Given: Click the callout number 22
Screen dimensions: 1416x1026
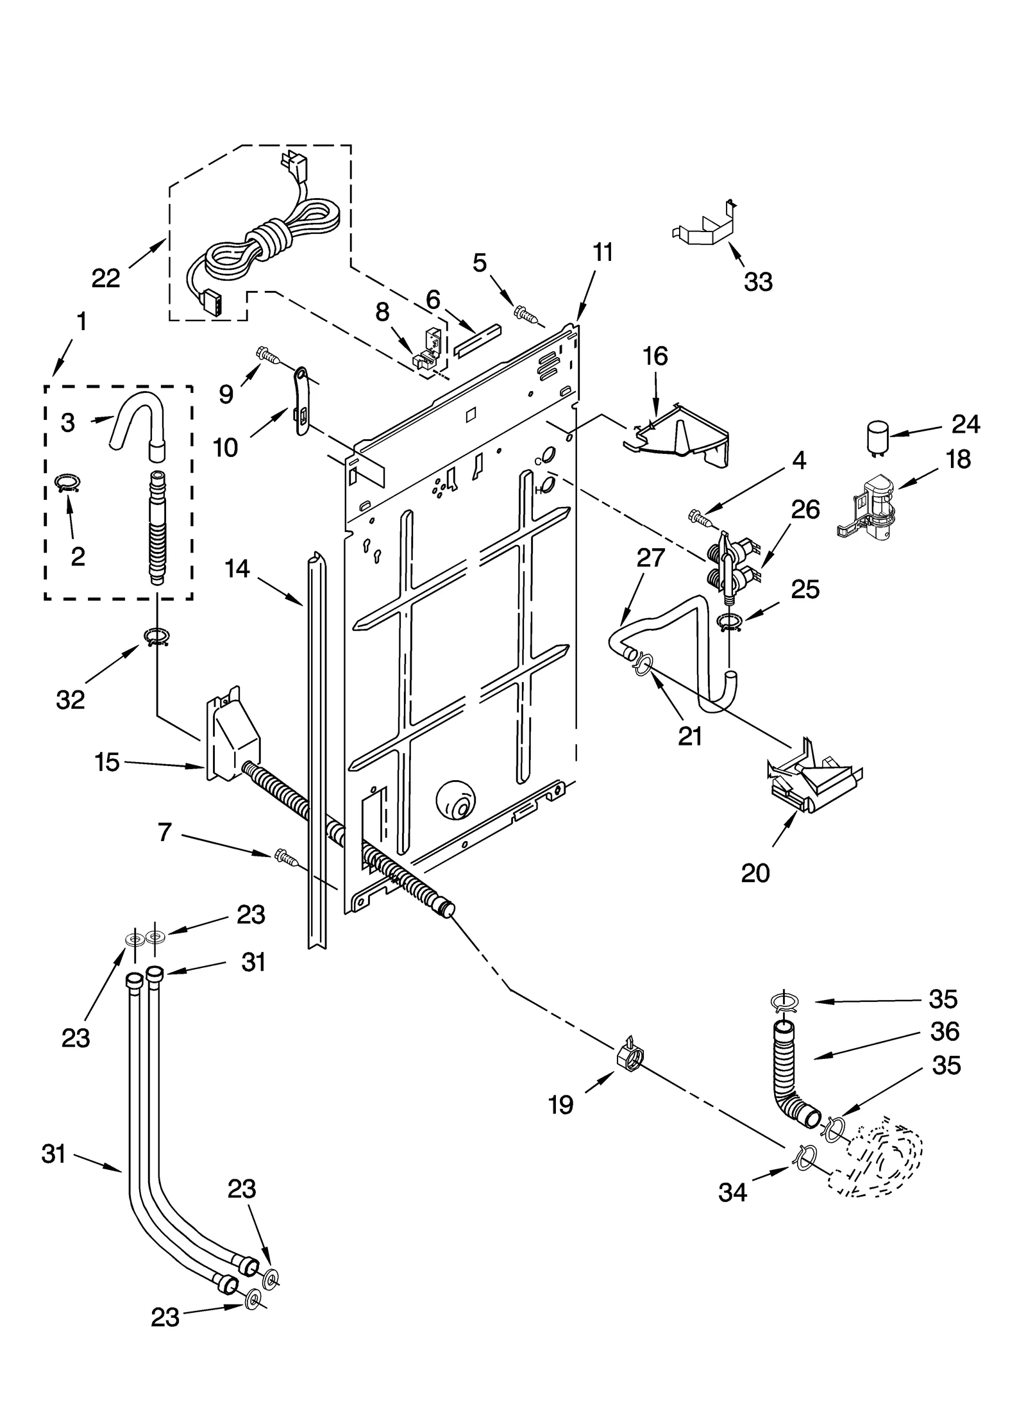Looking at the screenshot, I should pyautogui.click(x=106, y=278).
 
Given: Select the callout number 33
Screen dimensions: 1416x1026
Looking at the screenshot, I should pyautogui.click(x=758, y=281).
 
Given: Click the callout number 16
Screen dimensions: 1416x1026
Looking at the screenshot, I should pyautogui.click(x=655, y=356).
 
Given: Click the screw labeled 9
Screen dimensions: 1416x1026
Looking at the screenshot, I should pyautogui.click(x=266, y=354).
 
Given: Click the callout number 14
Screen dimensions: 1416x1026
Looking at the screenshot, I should pyautogui.click(x=237, y=568).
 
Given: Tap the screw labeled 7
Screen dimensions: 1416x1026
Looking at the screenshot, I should pyautogui.click(x=284, y=856).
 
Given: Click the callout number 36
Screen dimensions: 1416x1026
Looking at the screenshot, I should pyautogui.click(x=945, y=1031).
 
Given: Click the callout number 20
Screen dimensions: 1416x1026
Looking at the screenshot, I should pyautogui.click(x=755, y=873).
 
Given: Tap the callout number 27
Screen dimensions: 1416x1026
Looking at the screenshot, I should pyautogui.click(x=650, y=558).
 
